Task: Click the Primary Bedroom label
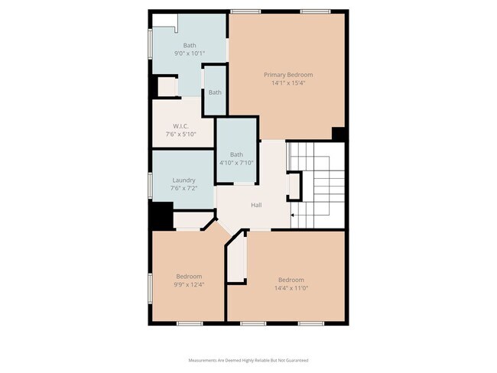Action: (x=288, y=75)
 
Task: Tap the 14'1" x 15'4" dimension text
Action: (x=288, y=83)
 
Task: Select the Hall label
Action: (x=258, y=205)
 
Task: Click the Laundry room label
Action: (x=184, y=180)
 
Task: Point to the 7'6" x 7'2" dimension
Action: (x=184, y=189)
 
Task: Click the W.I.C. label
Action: (x=181, y=126)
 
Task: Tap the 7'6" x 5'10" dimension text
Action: (x=181, y=135)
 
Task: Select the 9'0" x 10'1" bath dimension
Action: (x=190, y=54)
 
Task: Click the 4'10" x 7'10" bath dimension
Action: (x=236, y=162)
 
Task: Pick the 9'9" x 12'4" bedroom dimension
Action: (x=189, y=284)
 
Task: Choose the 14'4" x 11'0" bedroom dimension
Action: (x=291, y=288)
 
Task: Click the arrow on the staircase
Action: (x=293, y=216)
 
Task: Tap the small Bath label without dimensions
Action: (x=216, y=92)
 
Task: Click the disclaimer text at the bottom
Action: (x=248, y=360)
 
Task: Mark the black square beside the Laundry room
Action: (x=161, y=215)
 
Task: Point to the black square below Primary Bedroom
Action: (x=339, y=133)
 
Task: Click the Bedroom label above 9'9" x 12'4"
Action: (x=189, y=276)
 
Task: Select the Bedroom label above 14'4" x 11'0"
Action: (x=291, y=280)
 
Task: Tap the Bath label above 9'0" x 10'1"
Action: (x=190, y=45)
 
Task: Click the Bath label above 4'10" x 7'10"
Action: (x=236, y=154)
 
